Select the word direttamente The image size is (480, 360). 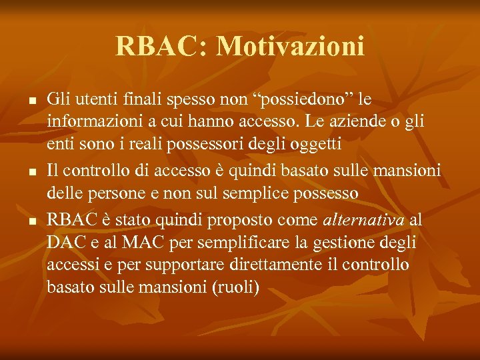pyautogui.click(x=263, y=265)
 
